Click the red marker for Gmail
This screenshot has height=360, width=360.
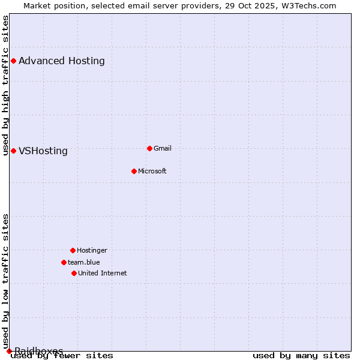tap(149, 148)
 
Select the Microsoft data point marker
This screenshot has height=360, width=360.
tap(134, 171)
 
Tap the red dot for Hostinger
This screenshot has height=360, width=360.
tap(73, 250)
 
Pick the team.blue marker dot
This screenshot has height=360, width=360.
tap(64, 262)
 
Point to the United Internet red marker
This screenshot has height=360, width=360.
tap(74, 273)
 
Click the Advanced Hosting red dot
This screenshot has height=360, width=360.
tap(13, 61)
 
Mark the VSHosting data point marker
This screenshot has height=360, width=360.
tap(13, 151)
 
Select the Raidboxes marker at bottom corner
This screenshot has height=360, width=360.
tap(9, 351)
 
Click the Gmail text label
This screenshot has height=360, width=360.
tap(163, 148)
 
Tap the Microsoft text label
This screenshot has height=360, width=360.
tap(152, 171)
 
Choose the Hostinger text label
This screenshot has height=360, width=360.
tap(92, 250)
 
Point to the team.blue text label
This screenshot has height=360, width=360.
tap(84, 262)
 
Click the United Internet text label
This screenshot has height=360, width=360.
tap(103, 273)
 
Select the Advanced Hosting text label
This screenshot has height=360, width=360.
tap(62, 61)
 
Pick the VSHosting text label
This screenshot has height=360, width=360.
tap(43, 151)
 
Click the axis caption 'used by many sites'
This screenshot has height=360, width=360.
tap(301, 355)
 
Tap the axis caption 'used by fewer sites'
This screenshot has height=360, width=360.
tap(62, 355)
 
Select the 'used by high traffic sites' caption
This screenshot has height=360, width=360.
tap(5, 85)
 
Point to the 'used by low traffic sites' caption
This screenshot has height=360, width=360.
tap(5, 281)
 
